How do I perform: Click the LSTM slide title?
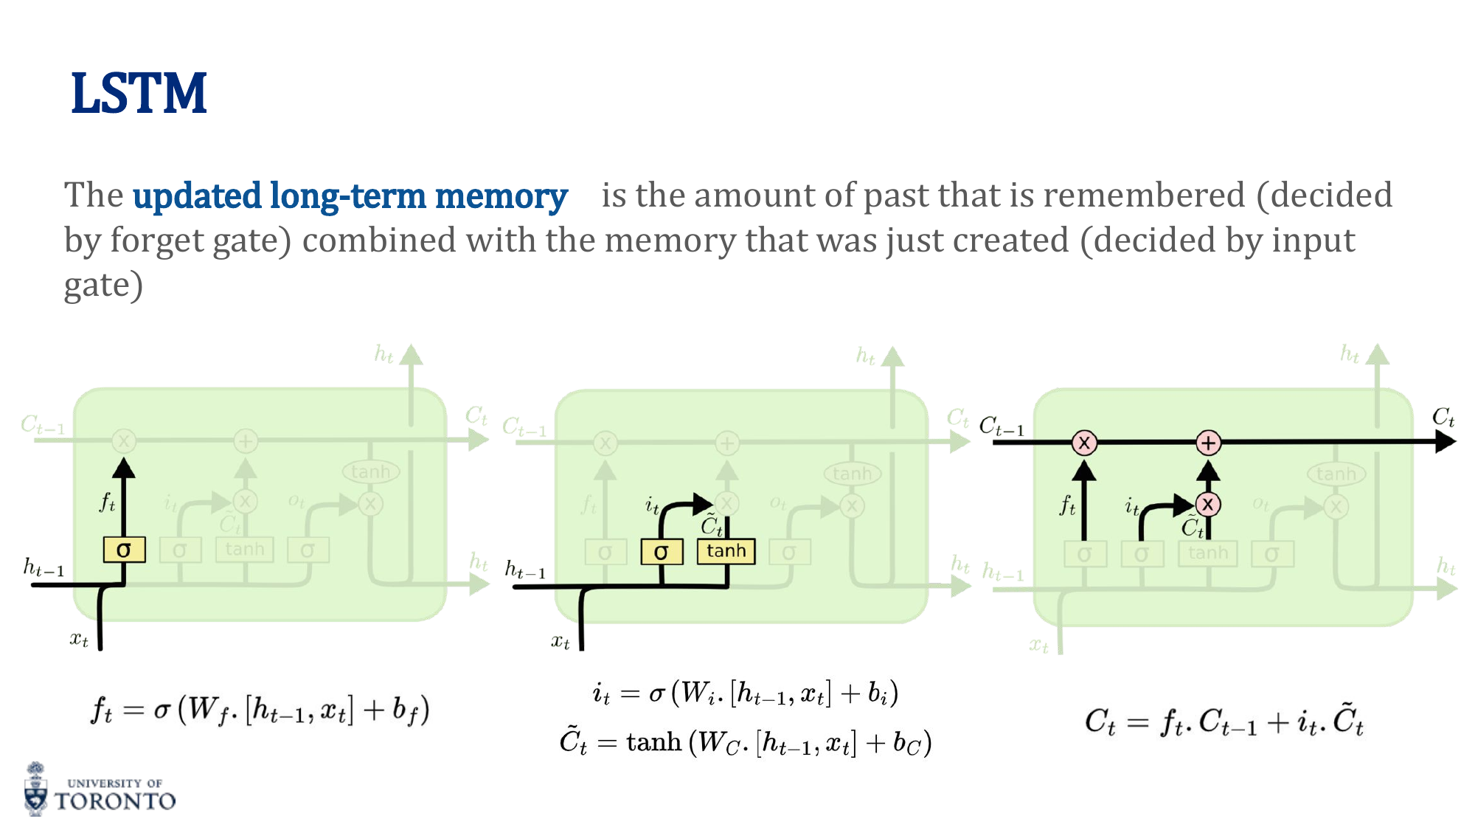coord(139,94)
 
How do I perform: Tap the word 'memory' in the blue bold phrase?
coord(501,196)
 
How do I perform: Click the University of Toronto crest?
coord(35,789)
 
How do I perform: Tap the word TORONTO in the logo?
coord(116,801)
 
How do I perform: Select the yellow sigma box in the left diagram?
coord(124,550)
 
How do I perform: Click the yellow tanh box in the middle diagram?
coord(726,551)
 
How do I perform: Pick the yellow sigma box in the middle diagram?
coord(661,552)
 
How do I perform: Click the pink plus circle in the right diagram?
coord(1208,443)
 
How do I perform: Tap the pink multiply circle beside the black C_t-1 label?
coord(1084,443)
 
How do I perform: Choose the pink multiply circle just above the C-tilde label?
coord(1207,505)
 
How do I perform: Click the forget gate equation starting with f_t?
coord(260,710)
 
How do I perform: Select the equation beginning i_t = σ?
coord(745,694)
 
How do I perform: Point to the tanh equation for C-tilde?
coord(745,741)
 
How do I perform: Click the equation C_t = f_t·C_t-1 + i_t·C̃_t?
coord(1224,721)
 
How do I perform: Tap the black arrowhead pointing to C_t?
coord(1445,442)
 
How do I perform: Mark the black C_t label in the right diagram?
coord(1443,418)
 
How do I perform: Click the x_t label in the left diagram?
coord(79,639)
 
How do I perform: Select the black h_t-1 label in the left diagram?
coord(44,568)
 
